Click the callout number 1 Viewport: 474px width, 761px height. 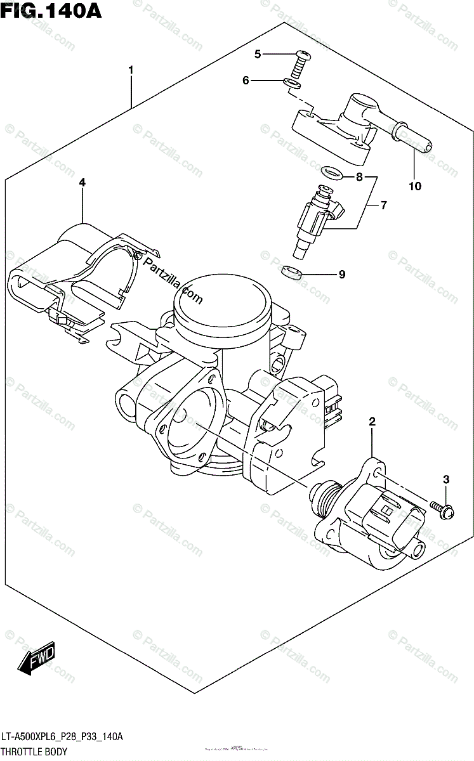point(131,70)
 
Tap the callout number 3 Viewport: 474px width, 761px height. point(446,479)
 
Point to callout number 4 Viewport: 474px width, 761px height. point(82,183)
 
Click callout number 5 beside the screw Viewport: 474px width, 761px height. point(258,55)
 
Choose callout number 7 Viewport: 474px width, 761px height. point(383,205)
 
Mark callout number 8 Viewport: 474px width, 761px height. point(359,178)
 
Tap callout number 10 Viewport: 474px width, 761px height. point(414,186)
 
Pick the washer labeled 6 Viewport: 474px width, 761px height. point(291,84)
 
